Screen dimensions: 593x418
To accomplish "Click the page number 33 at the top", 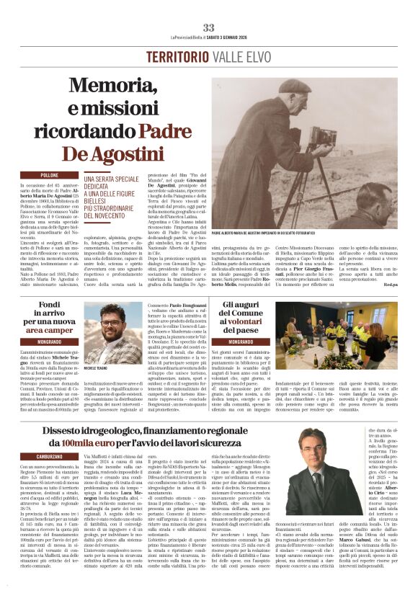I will [x=209, y=27].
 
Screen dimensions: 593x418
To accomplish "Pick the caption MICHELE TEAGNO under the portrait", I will [x=97, y=368].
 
